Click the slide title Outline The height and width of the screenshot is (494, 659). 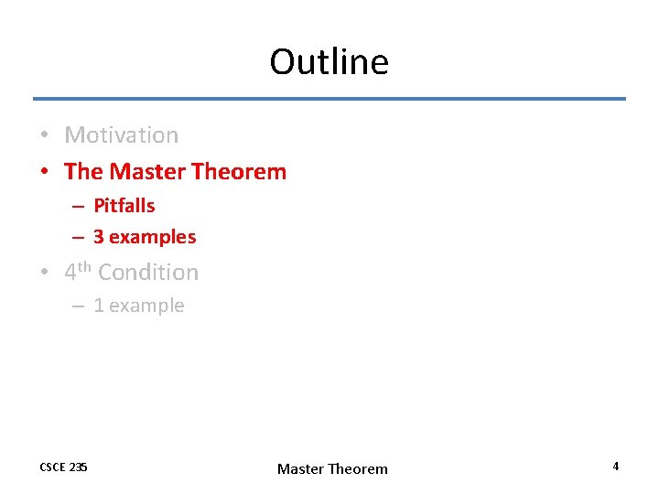329,62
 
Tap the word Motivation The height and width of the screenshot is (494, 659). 122,135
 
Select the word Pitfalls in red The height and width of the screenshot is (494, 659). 124,206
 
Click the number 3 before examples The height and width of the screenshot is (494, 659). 98,237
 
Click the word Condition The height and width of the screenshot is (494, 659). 148,273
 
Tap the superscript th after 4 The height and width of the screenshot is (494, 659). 84,267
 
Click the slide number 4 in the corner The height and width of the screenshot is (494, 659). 615,467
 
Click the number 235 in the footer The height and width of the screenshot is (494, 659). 79,467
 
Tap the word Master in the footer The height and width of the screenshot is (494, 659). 300,469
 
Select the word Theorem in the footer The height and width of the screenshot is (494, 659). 358,469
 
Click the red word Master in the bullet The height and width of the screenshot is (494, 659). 143,171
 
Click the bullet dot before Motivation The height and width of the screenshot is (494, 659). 45,136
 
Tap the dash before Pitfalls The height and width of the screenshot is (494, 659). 79,207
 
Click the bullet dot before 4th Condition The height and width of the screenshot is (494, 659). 45,274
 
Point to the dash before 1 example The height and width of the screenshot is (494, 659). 79,306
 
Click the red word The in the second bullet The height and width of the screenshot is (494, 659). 83,171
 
